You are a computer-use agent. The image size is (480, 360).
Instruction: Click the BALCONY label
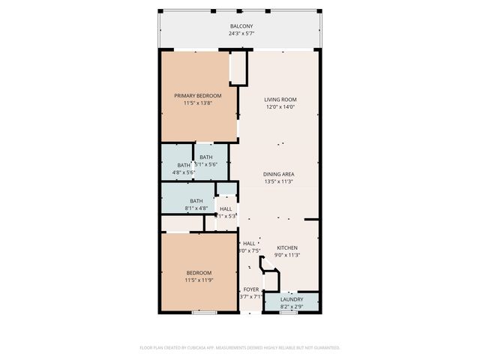click(x=241, y=26)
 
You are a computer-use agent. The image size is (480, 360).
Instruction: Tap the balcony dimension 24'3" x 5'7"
click(x=241, y=34)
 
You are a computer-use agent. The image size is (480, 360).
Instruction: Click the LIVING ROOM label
click(x=280, y=100)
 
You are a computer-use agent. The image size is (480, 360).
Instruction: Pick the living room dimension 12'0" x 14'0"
click(x=280, y=107)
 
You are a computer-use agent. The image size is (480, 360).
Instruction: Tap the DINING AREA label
click(x=278, y=174)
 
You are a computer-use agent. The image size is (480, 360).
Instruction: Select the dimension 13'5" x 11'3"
click(x=278, y=181)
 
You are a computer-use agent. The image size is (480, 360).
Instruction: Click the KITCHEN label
click(x=287, y=247)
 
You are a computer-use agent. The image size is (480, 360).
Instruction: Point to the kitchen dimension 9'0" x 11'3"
click(x=287, y=255)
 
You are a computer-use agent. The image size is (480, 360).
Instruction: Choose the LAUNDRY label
click(x=292, y=299)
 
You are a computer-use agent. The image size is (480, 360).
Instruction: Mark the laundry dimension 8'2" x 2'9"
click(x=292, y=307)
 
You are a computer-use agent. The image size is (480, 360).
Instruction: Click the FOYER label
click(x=250, y=289)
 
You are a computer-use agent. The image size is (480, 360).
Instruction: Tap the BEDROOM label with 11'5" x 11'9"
click(x=199, y=272)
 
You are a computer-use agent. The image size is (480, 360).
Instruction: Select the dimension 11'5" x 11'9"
click(x=199, y=280)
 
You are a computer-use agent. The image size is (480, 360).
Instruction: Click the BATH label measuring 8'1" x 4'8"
click(x=196, y=200)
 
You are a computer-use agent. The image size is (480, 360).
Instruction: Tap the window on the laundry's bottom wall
click(x=287, y=312)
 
